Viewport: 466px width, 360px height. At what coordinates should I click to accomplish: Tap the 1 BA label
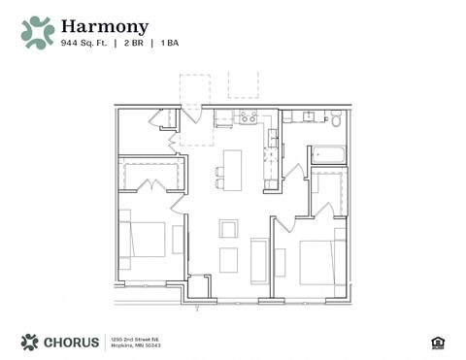tap(169, 43)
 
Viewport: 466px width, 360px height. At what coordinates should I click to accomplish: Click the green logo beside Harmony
tap(38, 32)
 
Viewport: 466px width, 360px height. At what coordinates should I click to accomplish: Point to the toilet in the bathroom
tap(335, 120)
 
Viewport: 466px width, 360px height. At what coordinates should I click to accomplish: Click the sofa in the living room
tap(259, 259)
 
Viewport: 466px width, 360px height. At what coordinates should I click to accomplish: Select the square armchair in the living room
tap(228, 228)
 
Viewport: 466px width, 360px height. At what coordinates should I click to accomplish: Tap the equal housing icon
tap(435, 342)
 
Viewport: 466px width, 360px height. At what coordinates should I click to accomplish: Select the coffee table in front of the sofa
tap(228, 260)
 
